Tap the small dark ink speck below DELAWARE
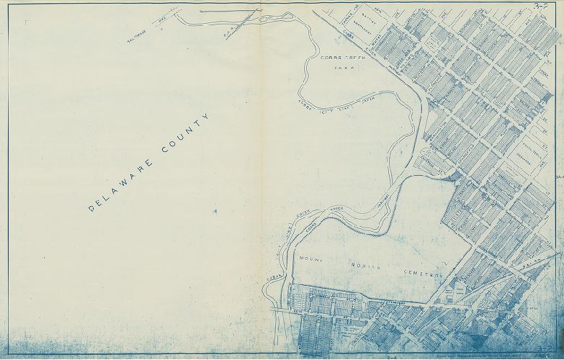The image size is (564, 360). click(x=214, y=211)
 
